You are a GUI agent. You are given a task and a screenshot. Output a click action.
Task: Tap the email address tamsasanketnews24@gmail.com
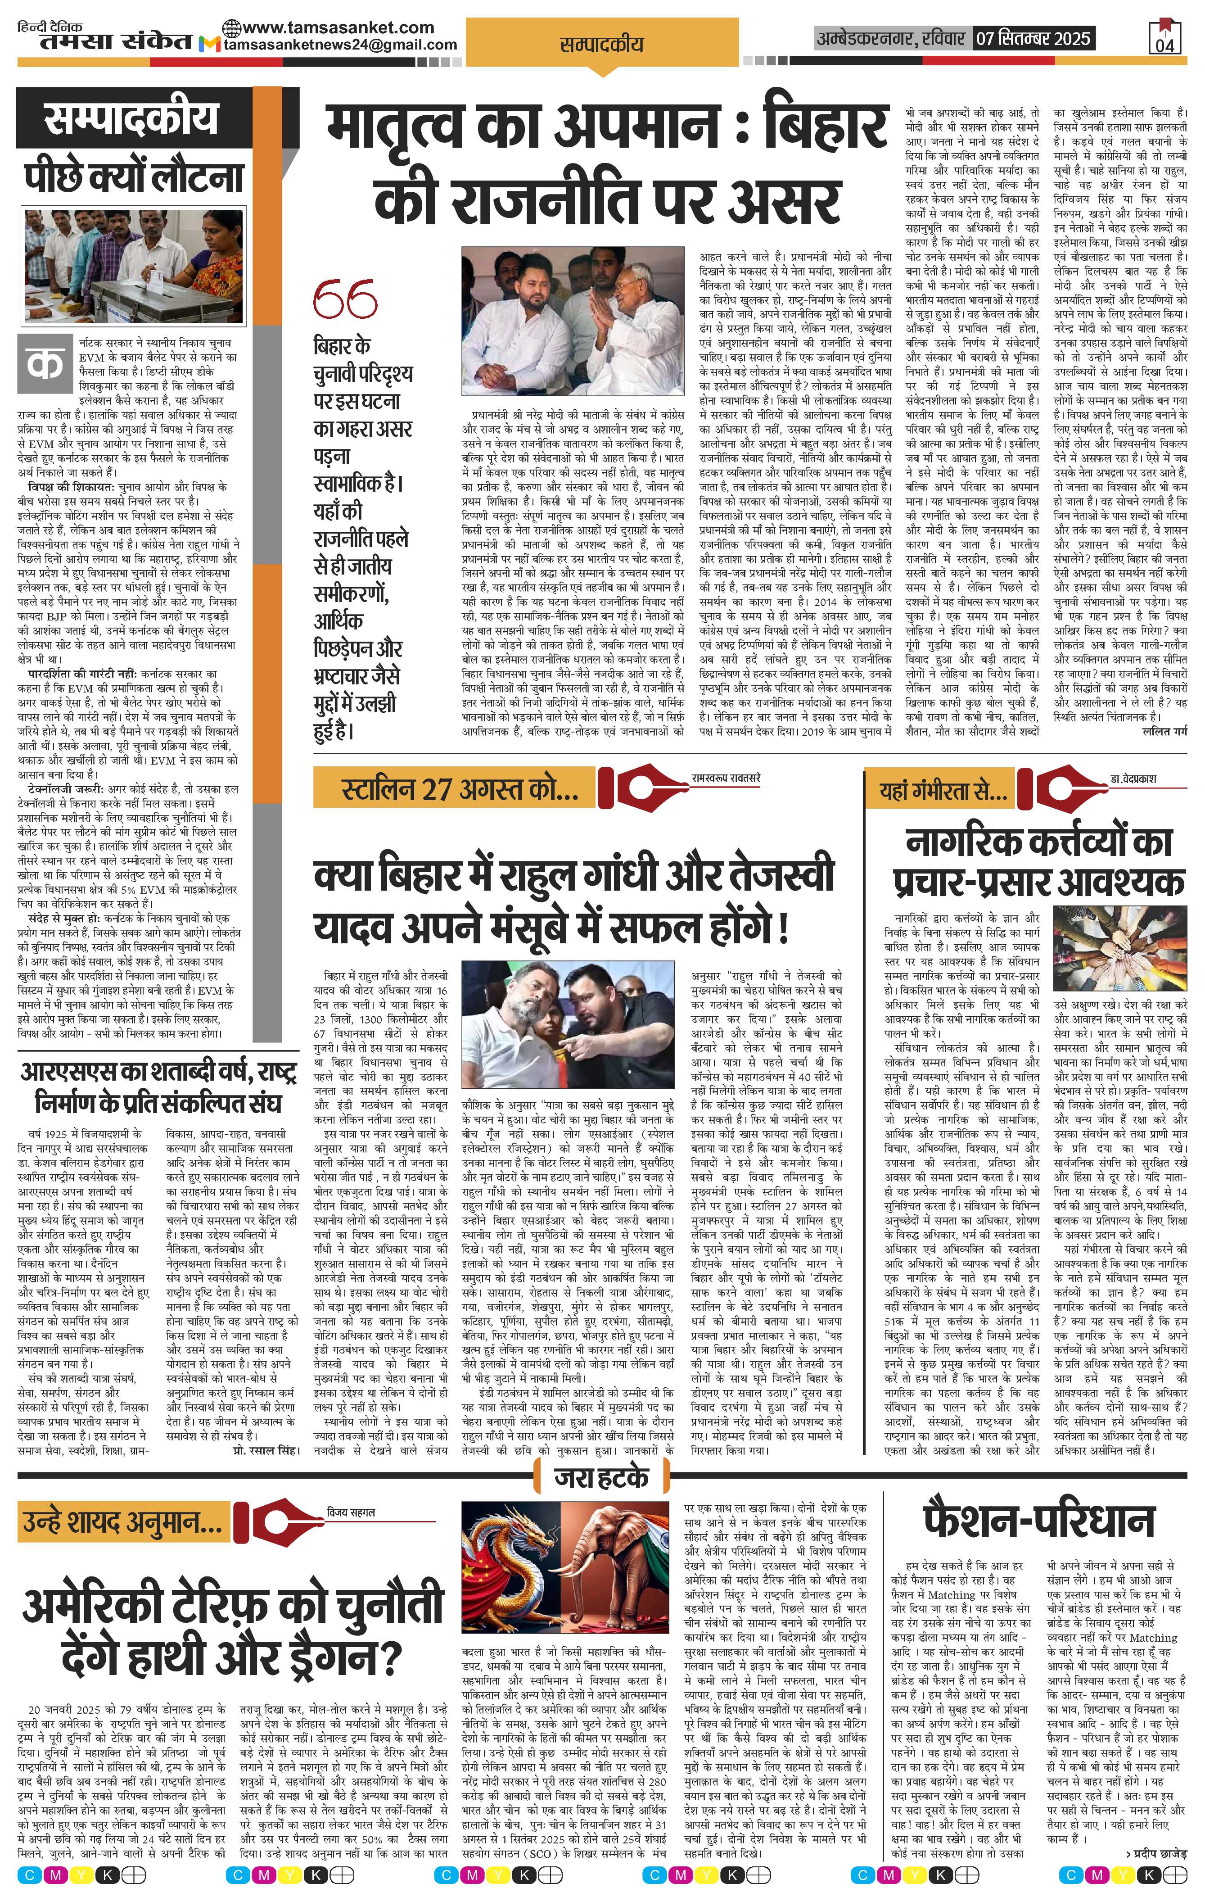click(x=340, y=45)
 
